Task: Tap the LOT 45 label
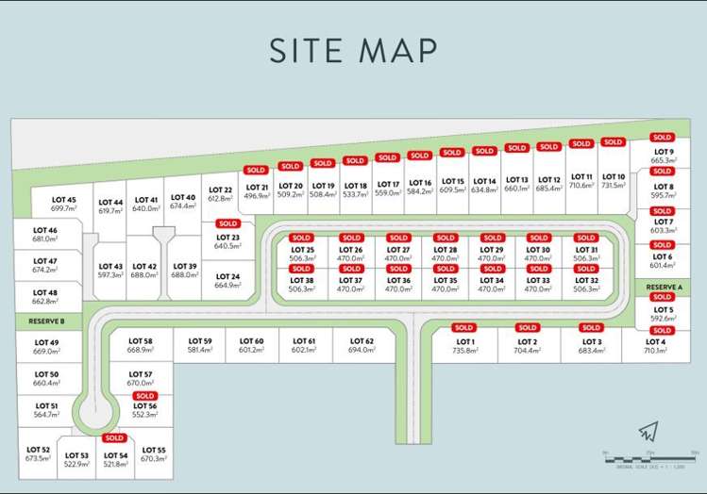point(63,200)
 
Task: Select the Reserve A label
point(664,287)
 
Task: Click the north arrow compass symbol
point(647,432)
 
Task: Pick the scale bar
point(650,457)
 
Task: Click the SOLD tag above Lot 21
point(256,171)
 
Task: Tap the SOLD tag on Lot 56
point(144,396)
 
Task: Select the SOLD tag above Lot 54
point(114,438)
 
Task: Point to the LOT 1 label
point(464,341)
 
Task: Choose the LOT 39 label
point(185,266)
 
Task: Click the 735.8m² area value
point(464,351)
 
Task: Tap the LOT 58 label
point(140,340)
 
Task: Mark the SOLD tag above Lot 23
point(227,223)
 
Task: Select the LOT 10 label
point(614,176)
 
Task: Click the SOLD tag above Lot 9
point(662,138)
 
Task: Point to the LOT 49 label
point(46,342)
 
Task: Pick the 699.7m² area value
point(63,208)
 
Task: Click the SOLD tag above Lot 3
point(591,328)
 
